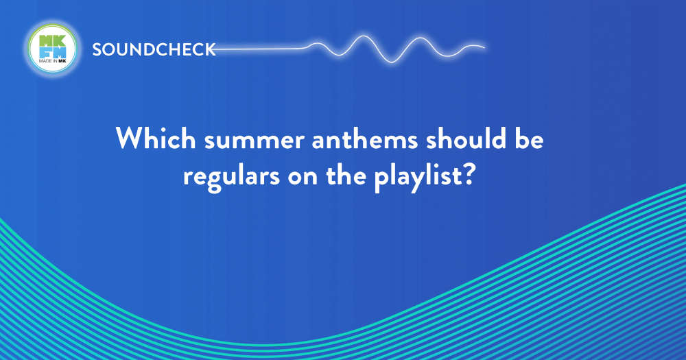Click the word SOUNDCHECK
click(x=154, y=49)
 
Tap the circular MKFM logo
click(x=53, y=48)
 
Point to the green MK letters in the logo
click(x=53, y=41)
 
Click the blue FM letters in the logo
click(x=53, y=53)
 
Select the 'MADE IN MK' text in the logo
click(x=53, y=61)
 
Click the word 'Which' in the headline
click(x=155, y=139)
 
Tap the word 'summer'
click(x=255, y=141)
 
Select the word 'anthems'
click(x=365, y=139)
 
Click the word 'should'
click(x=466, y=139)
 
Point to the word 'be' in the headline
click(x=529, y=139)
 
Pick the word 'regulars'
click(x=231, y=178)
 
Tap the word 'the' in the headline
click(x=346, y=176)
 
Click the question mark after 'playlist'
click(x=468, y=176)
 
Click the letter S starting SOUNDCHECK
click(x=97, y=50)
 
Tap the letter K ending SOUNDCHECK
click(x=211, y=50)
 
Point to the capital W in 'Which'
click(x=132, y=139)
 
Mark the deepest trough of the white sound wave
click(x=392, y=62)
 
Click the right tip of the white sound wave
click(x=484, y=47)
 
